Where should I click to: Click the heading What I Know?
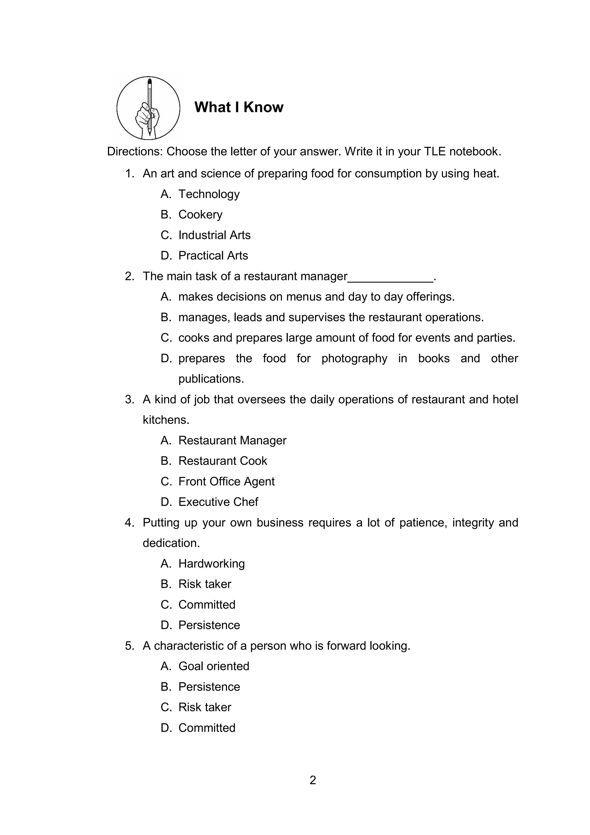[239, 107]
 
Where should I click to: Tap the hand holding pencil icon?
[148, 108]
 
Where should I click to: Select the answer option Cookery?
[200, 215]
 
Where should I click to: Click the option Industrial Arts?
[214, 235]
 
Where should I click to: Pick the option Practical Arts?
[213, 256]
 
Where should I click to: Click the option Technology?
[209, 194]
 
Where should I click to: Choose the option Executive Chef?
[218, 502]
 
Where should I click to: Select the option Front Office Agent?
[226, 482]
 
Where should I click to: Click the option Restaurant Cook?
[222, 461]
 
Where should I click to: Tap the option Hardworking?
[211, 564]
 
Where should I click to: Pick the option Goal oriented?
[214, 666]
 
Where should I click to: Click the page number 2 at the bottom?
[313, 781]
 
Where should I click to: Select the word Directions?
[135, 152]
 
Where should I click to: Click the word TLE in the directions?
[434, 152]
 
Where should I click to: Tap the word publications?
[211, 379]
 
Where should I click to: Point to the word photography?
[354, 359]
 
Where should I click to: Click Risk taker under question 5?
[205, 707]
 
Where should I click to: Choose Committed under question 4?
[207, 605]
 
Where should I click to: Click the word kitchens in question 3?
[166, 420]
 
